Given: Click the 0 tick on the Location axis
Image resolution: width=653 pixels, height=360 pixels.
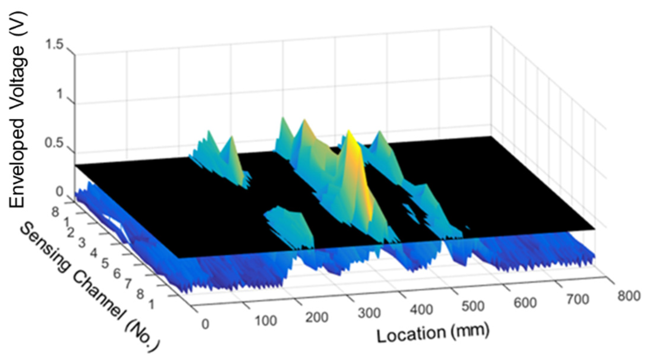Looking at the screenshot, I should [205, 324].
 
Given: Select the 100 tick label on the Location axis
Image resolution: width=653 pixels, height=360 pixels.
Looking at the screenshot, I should [265, 321].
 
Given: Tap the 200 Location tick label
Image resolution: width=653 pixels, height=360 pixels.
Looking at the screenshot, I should [317, 317].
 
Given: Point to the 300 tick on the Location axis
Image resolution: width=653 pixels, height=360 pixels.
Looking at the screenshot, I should [369, 313].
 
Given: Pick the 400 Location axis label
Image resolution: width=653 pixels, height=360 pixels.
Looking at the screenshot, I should [421, 310].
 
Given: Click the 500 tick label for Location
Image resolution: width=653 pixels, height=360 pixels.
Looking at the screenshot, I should [473, 306].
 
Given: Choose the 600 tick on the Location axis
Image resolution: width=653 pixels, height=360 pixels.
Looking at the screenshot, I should [525, 303].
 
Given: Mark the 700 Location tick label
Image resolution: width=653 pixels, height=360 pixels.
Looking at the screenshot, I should [577, 299].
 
